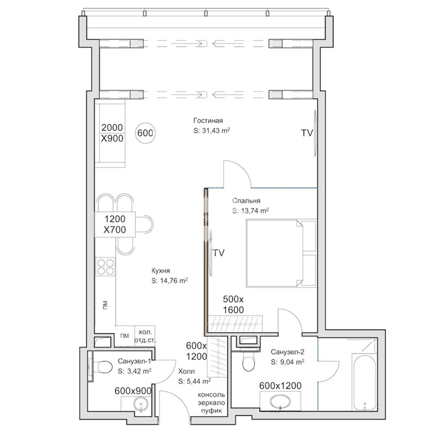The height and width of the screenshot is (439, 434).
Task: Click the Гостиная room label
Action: tap(208, 121)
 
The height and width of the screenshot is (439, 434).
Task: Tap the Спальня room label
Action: tap(246, 201)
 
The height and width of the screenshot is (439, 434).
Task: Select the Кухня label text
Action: tap(160, 271)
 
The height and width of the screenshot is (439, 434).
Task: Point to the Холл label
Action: tap(187, 371)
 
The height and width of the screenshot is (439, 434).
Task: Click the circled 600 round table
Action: tap(145, 133)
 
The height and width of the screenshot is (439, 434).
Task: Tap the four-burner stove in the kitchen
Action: tap(105, 267)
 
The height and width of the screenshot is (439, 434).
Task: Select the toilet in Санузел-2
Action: tap(248, 361)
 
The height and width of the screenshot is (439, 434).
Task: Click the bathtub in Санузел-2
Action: tap(364, 382)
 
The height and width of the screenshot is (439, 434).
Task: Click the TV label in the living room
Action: tap(307, 133)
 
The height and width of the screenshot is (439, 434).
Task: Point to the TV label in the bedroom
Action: tap(218, 253)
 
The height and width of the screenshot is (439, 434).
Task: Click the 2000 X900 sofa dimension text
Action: tap(112, 133)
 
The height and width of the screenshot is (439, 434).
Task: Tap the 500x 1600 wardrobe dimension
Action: tap(233, 304)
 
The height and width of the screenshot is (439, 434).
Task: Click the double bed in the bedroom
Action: tap(281, 253)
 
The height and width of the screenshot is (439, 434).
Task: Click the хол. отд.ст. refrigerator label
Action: tap(145, 336)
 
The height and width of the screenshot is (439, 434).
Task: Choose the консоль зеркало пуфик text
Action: tap(211, 402)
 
